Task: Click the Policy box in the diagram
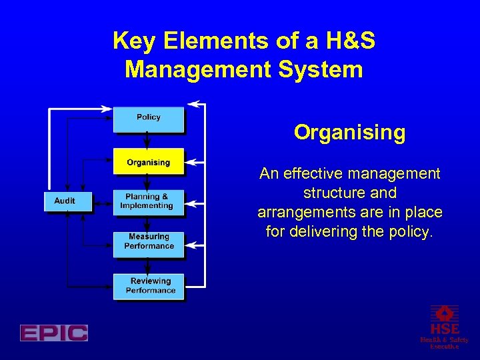coord(148,119)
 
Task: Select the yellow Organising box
coord(148,162)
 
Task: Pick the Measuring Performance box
coord(148,241)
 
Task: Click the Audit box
coord(65,201)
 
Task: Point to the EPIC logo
coord(53,333)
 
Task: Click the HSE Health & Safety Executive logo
coord(444,326)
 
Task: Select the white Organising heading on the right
coord(349,133)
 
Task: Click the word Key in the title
coord(133,41)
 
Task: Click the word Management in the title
coord(202,69)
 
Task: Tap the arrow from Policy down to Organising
coord(148,140)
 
